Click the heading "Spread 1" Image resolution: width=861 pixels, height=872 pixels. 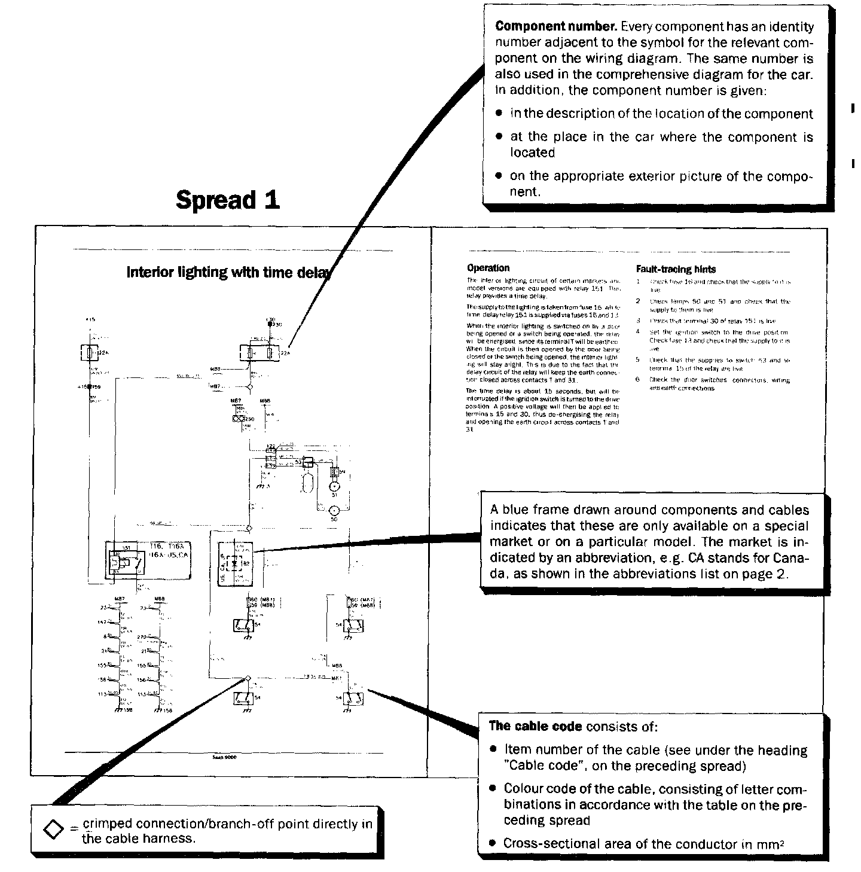(x=228, y=200)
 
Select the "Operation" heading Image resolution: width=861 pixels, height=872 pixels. (x=488, y=268)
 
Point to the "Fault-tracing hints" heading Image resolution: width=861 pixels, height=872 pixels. (x=676, y=269)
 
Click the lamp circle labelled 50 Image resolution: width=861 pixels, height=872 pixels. (x=334, y=511)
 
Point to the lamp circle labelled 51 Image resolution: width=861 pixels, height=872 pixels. (x=334, y=487)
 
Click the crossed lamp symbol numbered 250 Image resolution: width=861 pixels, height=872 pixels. (x=237, y=419)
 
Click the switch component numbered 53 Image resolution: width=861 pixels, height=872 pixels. (x=309, y=462)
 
